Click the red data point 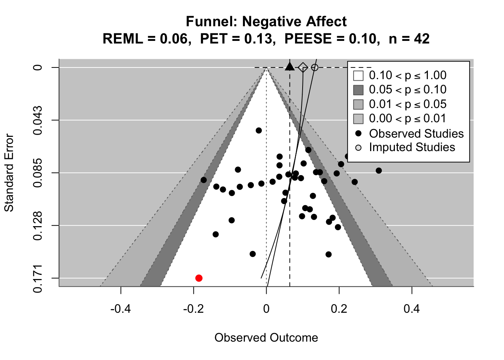tap(199, 278)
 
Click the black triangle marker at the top tap(289, 67)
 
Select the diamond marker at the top tap(303, 67)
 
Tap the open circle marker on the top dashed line tap(315, 67)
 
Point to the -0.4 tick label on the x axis tap(120, 309)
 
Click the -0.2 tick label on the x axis tap(193, 309)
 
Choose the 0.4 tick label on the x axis tap(412, 309)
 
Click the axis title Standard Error tap(9, 173)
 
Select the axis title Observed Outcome tap(266, 338)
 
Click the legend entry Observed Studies tap(416, 133)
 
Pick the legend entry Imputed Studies tap(412, 147)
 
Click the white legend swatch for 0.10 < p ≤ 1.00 tap(358, 75)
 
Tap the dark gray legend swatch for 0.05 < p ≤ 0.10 tap(358, 90)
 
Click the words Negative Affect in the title tap(294, 22)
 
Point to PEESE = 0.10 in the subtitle tap(330, 38)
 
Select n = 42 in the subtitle tap(409, 38)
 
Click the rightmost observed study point tap(378, 171)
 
